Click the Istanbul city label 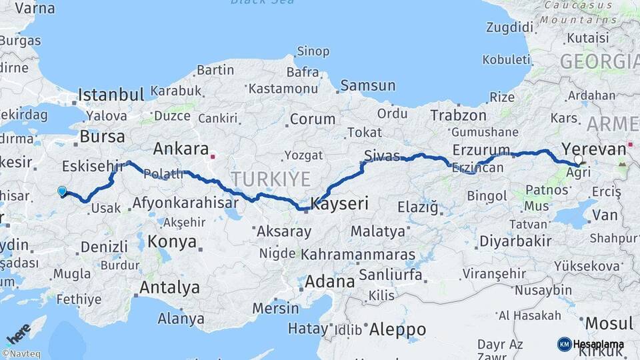tap(111, 94)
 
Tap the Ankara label tap(181, 148)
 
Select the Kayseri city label tap(339, 204)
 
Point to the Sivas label tap(382, 156)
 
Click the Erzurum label tap(481, 149)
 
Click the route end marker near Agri tap(579, 161)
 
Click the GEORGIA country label tap(599, 62)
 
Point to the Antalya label tap(169, 287)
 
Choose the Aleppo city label tap(397, 329)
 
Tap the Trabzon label tap(458, 115)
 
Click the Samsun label tap(367, 85)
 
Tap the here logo tap(18, 333)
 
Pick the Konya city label tap(172, 241)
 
